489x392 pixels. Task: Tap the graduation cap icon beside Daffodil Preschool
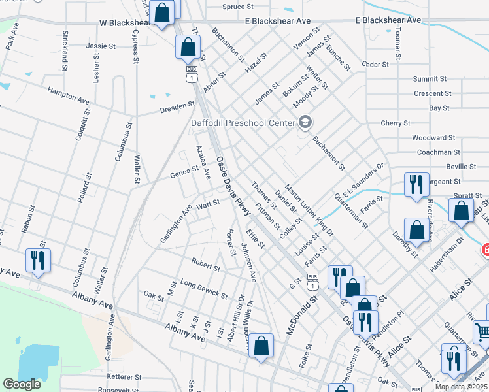tap(305, 122)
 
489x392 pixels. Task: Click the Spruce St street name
tap(237, 7)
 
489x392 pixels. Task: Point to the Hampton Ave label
tap(67, 97)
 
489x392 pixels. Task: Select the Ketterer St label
tap(124, 377)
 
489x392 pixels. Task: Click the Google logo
tap(22, 384)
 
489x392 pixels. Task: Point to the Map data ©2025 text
tap(460, 387)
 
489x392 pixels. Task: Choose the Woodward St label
tap(433, 138)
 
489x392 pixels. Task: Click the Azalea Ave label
tap(201, 163)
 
